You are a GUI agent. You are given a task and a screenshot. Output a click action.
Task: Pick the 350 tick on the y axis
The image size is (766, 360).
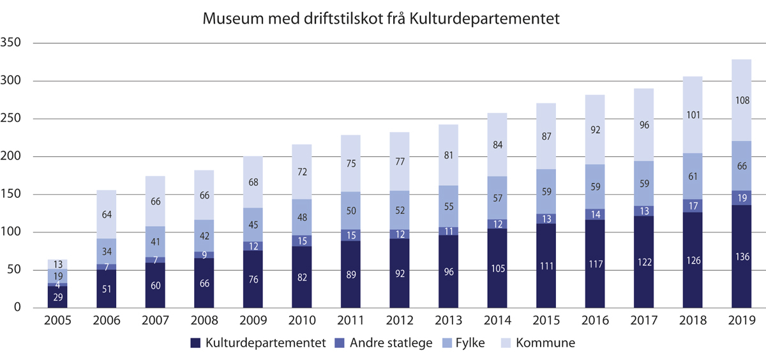point(11,43)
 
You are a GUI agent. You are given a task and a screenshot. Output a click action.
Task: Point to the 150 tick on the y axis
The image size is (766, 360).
point(11,195)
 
